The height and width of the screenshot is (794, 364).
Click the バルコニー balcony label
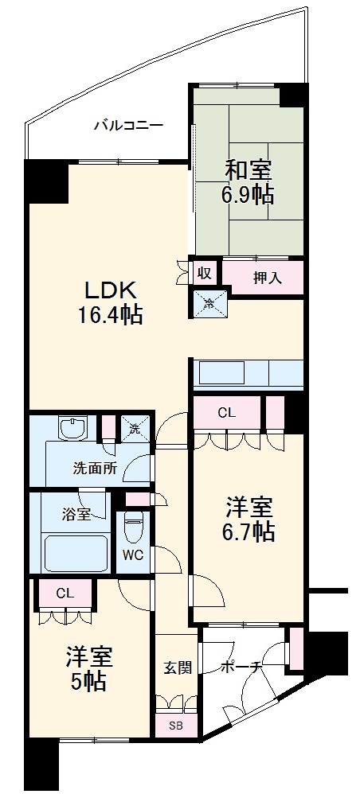coord(127,125)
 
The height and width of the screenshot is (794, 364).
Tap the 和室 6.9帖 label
coord(248,183)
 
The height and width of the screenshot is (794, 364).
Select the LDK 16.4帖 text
coord(110,302)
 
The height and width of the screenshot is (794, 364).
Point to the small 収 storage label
coord(204,273)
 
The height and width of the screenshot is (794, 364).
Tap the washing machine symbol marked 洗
coord(135,430)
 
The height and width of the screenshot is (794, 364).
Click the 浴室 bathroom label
coord(76,513)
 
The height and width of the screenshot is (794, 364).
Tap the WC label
coord(133,555)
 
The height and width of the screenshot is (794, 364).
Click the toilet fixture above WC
coord(133,526)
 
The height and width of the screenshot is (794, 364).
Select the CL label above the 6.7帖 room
coord(227,412)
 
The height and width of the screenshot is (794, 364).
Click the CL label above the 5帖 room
coord(65,592)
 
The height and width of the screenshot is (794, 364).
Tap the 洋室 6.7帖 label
coord(249,520)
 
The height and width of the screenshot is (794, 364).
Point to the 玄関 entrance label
coord(178,668)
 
